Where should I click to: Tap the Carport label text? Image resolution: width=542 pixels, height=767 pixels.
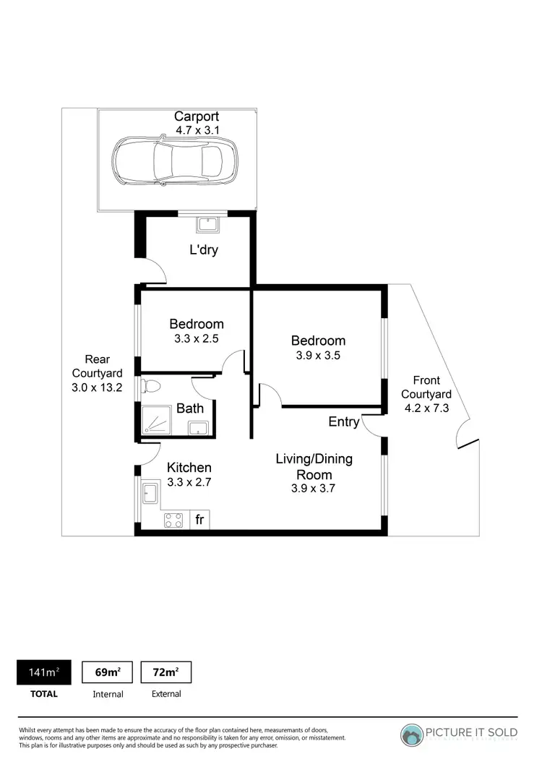click(x=196, y=116)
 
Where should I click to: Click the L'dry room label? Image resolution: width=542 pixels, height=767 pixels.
click(x=204, y=251)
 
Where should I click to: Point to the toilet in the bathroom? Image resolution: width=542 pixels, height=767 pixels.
click(x=151, y=385)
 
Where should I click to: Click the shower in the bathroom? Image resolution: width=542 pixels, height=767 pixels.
click(x=157, y=420)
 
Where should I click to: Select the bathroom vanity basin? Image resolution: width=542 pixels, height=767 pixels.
click(x=199, y=428)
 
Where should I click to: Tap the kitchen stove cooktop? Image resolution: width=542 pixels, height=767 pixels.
click(x=174, y=520)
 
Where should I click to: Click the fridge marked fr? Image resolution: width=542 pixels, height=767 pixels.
click(x=199, y=520)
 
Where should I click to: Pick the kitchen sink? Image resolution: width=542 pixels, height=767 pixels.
click(x=150, y=494)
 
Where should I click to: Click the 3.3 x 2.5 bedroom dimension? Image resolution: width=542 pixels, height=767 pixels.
click(x=197, y=338)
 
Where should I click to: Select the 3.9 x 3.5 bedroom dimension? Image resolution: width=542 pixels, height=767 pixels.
click(x=318, y=355)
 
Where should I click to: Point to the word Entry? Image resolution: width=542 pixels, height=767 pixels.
click(x=343, y=421)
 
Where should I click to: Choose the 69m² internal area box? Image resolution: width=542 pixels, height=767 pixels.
click(x=108, y=672)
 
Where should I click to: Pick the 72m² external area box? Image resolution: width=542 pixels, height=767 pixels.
click(x=166, y=672)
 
